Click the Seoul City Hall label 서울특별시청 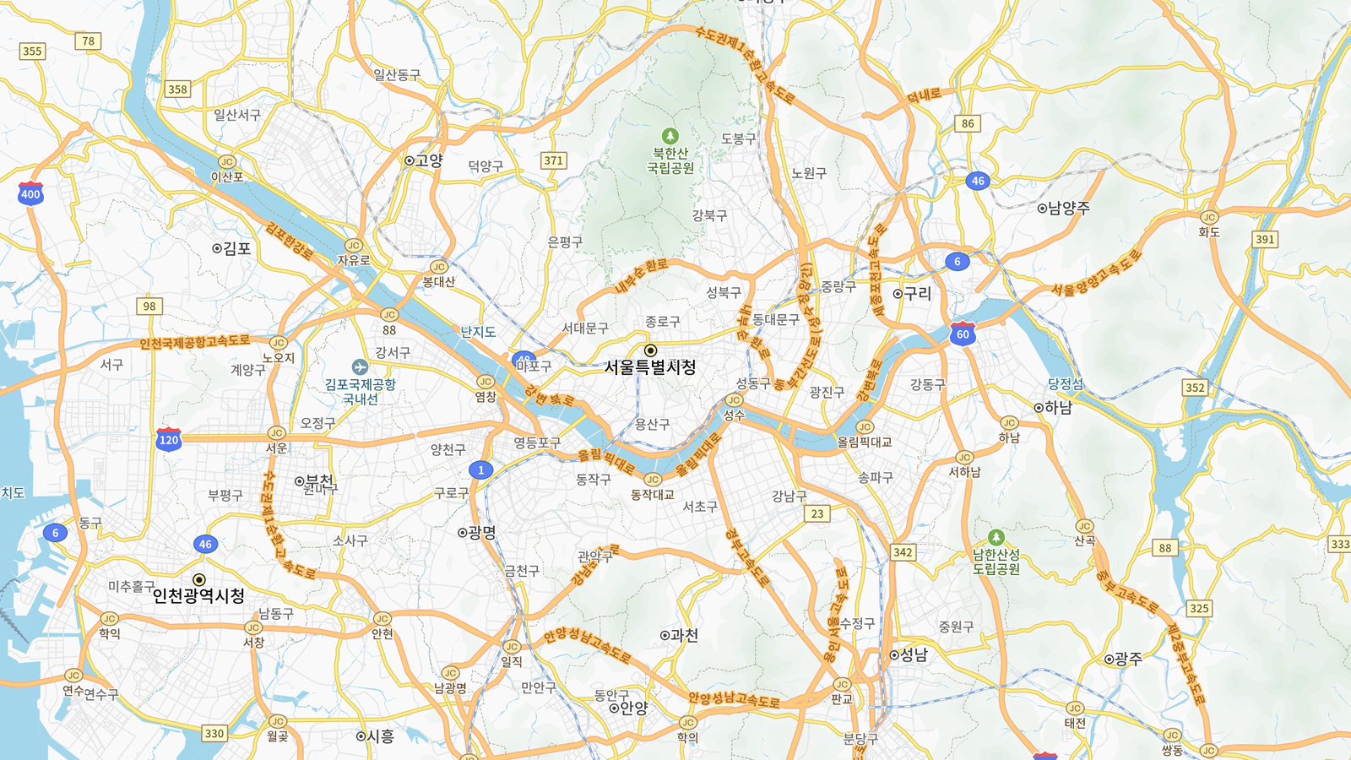point(650,367)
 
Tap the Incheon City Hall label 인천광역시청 point(198,595)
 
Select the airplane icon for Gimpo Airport point(360,367)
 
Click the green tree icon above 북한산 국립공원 point(670,136)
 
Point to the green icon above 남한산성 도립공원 point(996,537)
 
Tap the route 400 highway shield point(30,193)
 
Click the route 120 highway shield point(169,439)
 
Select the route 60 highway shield point(963,334)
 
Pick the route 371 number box point(553,160)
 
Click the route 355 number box point(32,52)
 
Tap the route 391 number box point(1264,240)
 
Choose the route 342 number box point(903,552)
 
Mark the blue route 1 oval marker point(480,470)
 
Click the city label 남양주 point(1068,208)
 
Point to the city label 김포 point(236,248)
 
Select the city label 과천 point(684,635)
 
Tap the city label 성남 point(914,654)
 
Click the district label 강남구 point(789,497)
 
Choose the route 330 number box point(214,734)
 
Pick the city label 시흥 point(380,736)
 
